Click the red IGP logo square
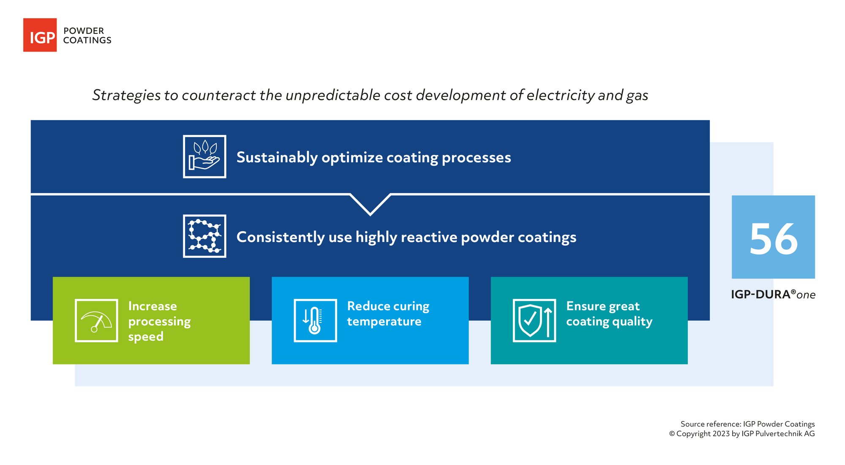coord(40,35)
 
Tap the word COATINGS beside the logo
coord(87,41)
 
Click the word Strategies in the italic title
coord(126,95)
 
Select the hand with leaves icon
coord(204,157)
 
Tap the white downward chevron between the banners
coord(370,205)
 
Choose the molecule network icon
coord(204,236)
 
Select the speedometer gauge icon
coord(96,321)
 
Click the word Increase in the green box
coord(153,306)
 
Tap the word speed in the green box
coord(146,337)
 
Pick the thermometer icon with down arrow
coord(315,321)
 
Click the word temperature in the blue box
coord(384,322)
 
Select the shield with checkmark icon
coord(534,321)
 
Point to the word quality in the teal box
coord(632,322)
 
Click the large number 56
coord(773,239)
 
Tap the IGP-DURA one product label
coord(773,295)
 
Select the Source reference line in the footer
coord(747,424)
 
